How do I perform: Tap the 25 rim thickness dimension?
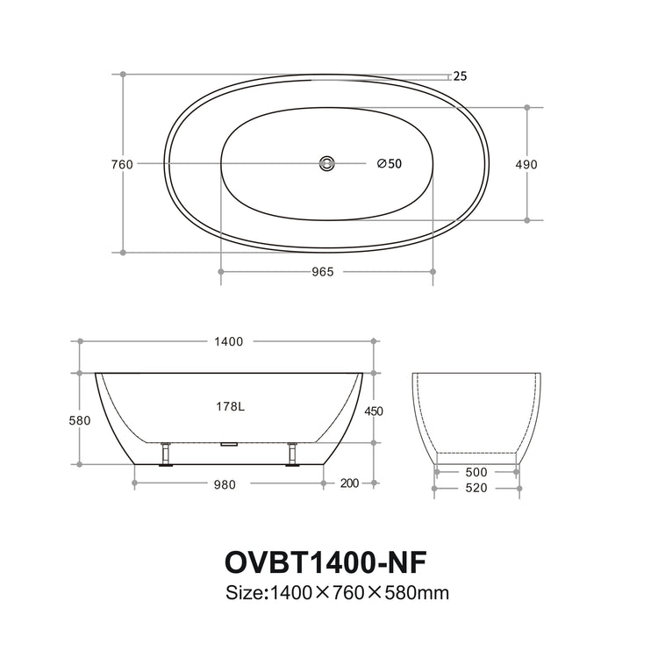coord(461,75)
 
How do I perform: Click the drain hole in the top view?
coord(327,163)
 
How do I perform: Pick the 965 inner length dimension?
coord(323,272)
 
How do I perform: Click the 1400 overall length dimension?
coord(227,341)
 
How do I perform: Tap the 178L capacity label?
coord(229,406)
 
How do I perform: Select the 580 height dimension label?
coord(80,420)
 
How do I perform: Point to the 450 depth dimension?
coord(374,411)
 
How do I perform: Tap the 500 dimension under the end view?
coord(477,472)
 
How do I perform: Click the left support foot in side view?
coord(165,455)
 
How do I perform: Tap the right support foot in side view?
coord(292,455)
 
